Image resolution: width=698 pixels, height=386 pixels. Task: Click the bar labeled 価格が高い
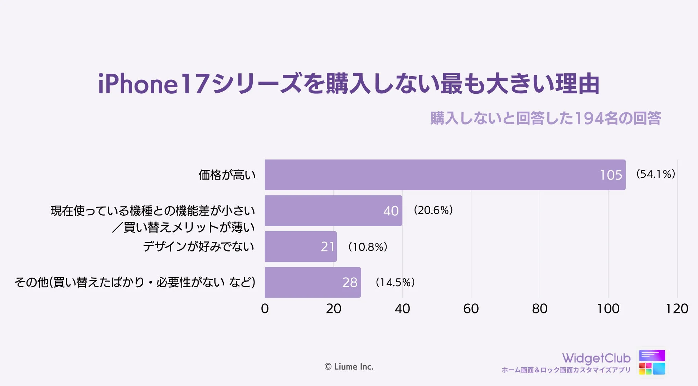tap(445, 175)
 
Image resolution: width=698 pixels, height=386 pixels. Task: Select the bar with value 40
tap(333, 210)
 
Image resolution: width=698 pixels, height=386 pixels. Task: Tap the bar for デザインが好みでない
tap(301, 246)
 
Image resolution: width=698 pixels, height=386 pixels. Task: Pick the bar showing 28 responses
tap(312, 282)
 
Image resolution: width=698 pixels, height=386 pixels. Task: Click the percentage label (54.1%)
tap(655, 174)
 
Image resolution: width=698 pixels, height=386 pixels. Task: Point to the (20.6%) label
tap(433, 210)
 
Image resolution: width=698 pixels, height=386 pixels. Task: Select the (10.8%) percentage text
tap(368, 247)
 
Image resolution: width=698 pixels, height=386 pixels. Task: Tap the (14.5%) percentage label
tap(395, 282)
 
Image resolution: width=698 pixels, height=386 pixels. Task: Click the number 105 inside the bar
tap(611, 175)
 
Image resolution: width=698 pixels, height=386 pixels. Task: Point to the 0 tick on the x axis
tap(265, 309)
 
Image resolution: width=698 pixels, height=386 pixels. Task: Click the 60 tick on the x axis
tap(471, 309)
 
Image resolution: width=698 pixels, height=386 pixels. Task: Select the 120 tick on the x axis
tap(677, 309)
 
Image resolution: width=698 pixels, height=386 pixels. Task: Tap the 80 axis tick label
tap(539, 309)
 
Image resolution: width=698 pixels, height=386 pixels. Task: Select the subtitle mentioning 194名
tap(545, 118)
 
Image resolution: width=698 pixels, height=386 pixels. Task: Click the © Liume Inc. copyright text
tap(349, 367)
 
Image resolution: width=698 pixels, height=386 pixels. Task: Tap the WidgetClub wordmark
tap(596, 358)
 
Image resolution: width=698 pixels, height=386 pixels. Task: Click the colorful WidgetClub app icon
tap(652, 362)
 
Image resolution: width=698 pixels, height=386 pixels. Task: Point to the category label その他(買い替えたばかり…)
tap(135, 282)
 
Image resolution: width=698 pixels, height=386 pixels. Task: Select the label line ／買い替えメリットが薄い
tap(183, 228)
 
